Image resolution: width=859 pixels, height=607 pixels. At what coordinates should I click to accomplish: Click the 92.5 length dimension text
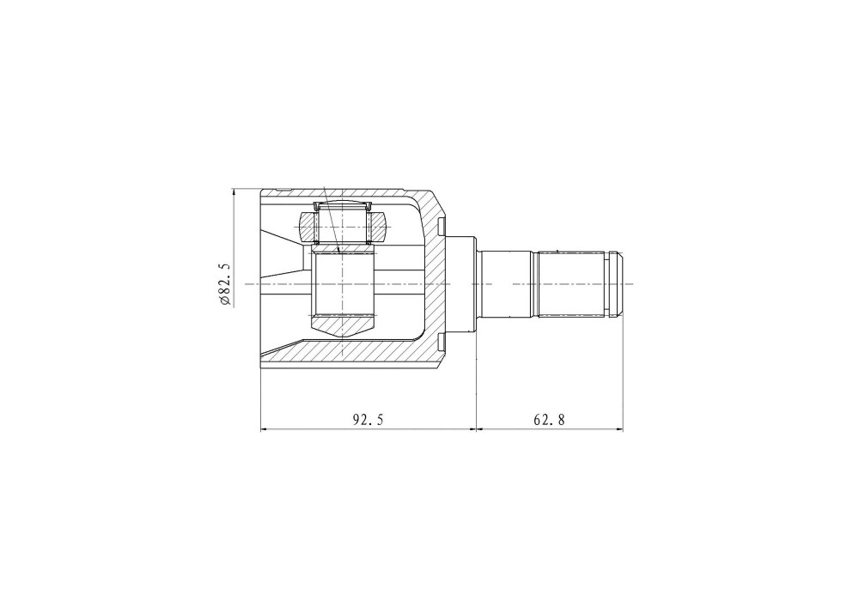pyautogui.click(x=369, y=420)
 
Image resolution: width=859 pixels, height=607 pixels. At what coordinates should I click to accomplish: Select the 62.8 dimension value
pyautogui.click(x=549, y=420)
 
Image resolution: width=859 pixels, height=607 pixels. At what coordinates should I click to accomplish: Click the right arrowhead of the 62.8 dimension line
pyautogui.click(x=618, y=429)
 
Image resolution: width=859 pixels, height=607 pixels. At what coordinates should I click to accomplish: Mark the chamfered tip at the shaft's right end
pyautogui.click(x=619, y=284)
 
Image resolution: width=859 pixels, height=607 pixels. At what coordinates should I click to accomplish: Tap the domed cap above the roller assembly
pyautogui.click(x=343, y=204)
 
